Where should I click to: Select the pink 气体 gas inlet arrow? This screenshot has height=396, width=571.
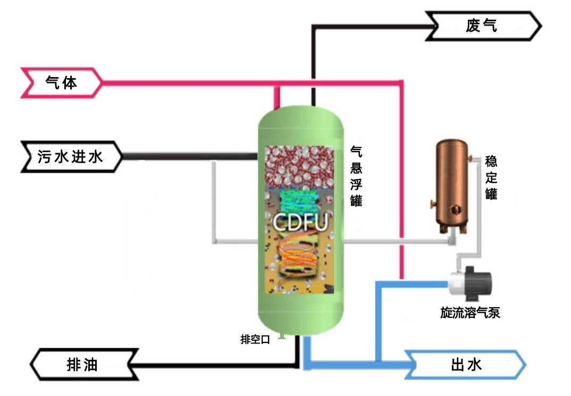click(61, 83)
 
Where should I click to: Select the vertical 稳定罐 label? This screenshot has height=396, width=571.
click(491, 178)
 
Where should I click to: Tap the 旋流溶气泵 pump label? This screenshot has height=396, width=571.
click(470, 313)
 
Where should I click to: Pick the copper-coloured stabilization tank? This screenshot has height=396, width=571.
click(451, 183)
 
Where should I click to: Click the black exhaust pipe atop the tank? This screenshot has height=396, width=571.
click(314, 96)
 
